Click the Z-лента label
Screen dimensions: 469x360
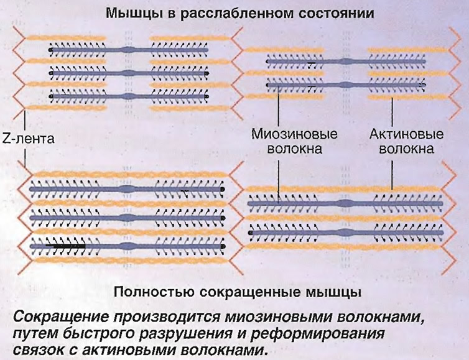[29, 139]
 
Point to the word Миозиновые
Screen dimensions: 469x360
[294, 134]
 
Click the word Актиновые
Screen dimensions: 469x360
[406, 134]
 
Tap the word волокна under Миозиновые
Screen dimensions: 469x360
[294, 149]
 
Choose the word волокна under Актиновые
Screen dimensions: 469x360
[406, 149]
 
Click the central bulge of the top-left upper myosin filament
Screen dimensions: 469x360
[129, 50]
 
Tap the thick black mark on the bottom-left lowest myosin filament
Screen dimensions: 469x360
[65, 246]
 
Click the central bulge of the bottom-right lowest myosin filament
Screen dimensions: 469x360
[345, 233]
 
